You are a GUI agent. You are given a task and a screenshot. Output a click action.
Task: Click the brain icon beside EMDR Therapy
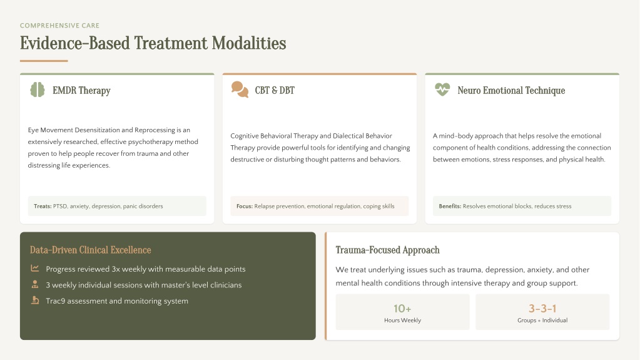click(x=37, y=90)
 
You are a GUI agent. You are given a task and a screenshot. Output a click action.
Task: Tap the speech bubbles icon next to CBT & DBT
click(x=240, y=90)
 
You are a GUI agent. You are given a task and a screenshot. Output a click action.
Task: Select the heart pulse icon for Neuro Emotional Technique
click(x=442, y=89)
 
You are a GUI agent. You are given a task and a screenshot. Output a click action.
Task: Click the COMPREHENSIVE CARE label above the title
click(x=59, y=25)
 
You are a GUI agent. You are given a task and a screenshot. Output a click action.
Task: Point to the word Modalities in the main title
click(x=249, y=43)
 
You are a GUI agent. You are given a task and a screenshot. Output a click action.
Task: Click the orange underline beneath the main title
click(x=44, y=61)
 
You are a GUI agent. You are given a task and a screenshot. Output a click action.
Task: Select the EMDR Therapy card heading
click(x=81, y=90)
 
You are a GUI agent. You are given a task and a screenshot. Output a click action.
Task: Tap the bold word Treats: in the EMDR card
click(x=43, y=207)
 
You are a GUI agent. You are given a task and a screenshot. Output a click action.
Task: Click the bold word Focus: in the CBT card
click(x=245, y=207)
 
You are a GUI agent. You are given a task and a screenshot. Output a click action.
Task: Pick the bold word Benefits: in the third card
click(x=450, y=207)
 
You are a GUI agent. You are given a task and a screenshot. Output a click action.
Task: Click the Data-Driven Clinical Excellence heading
click(x=90, y=250)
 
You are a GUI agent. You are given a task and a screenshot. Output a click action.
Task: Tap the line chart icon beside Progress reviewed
click(x=34, y=269)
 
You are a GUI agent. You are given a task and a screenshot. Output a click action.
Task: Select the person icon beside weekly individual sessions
click(x=34, y=284)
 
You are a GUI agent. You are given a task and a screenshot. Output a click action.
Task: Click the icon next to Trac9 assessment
click(x=35, y=301)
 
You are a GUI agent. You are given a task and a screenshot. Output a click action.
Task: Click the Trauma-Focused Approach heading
click(x=387, y=250)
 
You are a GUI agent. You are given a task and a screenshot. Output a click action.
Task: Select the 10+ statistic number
click(x=402, y=309)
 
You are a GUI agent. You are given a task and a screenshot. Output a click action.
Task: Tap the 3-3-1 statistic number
click(x=542, y=309)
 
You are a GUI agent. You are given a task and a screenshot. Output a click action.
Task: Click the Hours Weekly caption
click(x=402, y=321)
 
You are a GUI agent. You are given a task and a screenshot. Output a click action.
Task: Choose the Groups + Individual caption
click(x=542, y=321)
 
